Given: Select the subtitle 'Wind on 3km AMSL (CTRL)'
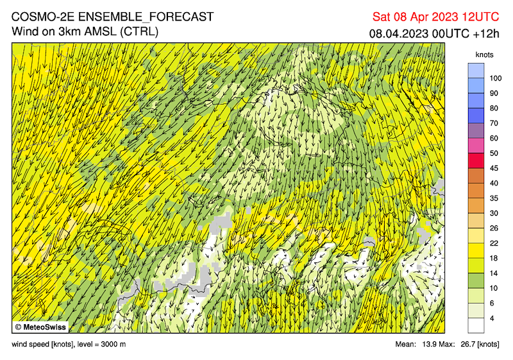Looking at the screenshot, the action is pos(85,31).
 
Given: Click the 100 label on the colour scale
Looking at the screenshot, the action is pos(495,78).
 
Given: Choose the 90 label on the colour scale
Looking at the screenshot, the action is pos(494,93).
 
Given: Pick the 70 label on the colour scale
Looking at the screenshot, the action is pos(494,123).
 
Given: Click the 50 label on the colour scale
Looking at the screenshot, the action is pos(494,153).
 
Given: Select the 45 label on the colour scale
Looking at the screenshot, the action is pos(494,168).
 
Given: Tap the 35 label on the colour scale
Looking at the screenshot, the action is pos(494,198).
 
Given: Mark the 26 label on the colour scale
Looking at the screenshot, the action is pos(494,228).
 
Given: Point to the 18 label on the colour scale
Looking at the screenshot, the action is pos(494,258).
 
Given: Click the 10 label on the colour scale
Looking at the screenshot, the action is pos(494,288).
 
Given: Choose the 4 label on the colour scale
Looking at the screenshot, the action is pos(492,318).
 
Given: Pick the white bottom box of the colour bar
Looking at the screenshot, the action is pos(476,325).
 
